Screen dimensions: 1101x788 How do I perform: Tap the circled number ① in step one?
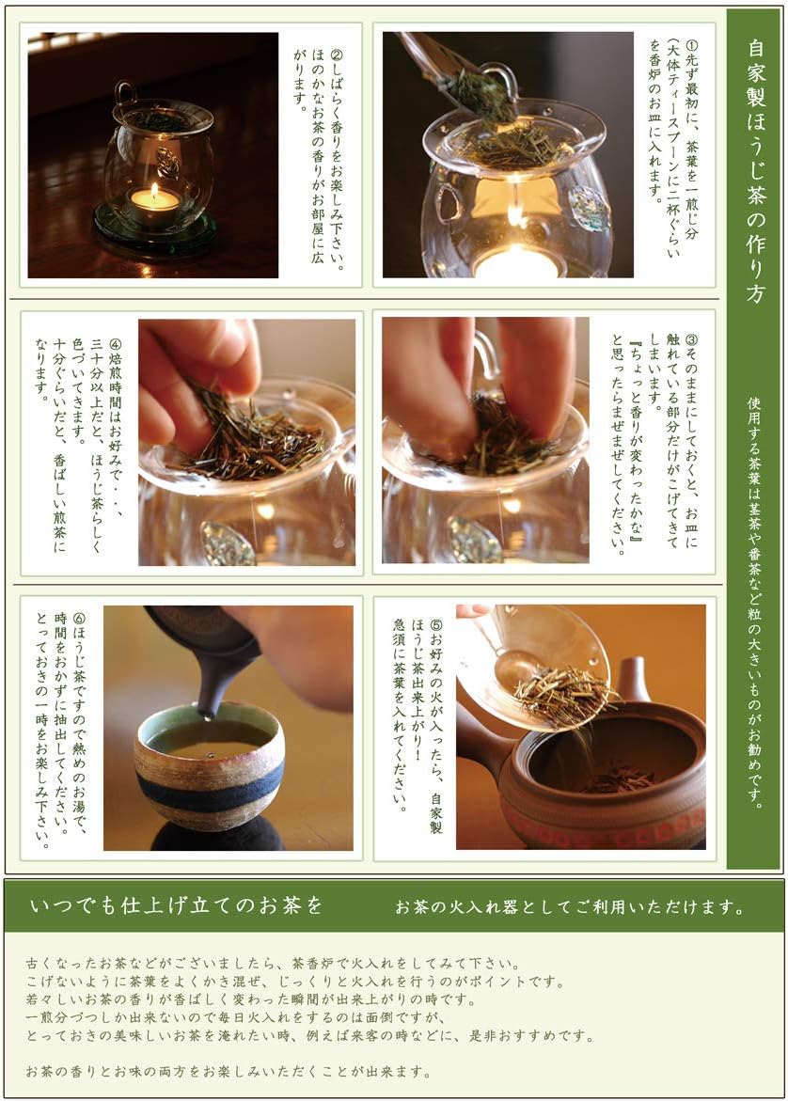point(692,44)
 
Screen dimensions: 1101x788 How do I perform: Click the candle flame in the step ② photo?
point(154,194)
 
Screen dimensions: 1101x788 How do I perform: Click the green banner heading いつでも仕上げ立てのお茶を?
point(176,906)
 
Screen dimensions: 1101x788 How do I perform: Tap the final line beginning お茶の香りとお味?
point(229,1071)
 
